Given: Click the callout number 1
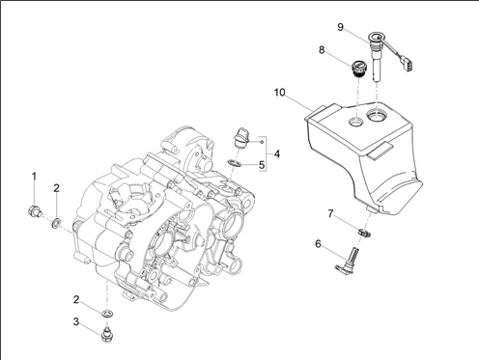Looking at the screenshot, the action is coord(34,177).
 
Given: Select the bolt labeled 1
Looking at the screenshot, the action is coord(34,211).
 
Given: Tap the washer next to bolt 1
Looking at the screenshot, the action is coord(56,222).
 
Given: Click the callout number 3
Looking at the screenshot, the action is coord(76,321).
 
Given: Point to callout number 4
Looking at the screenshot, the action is coord(277,154).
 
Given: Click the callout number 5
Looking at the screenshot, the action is coord(262,165).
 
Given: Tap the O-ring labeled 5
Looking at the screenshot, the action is coord(235,163).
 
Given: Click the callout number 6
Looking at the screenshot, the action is coord(318,244).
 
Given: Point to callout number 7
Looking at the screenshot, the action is coord(330,213).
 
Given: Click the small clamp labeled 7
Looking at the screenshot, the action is coord(364,232).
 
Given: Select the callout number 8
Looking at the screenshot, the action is coord(322,50).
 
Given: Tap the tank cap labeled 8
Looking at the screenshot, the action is coord(357,69).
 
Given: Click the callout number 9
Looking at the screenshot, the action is coord(341,27).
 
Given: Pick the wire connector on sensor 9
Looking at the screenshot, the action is coord(409,64).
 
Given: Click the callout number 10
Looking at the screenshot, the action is coord(280,93).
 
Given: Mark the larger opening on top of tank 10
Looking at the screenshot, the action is coord(377,115).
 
